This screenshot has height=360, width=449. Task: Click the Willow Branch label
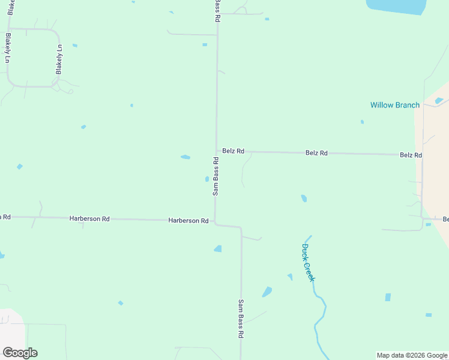click(x=394, y=105)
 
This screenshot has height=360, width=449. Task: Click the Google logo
click(x=20, y=353)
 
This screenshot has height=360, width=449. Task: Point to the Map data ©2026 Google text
click(x=412, y=355)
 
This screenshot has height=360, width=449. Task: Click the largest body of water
click(x=396, y=6)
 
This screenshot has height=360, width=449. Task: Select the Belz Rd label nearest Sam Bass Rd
click(x=233, y=151)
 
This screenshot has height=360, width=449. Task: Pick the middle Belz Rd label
click(x=316, y=153)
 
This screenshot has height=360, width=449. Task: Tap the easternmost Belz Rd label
click(x=411, y=155)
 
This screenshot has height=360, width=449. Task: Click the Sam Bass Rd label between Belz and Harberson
click(x=215, y=176)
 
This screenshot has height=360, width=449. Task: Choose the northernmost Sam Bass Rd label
click(x=217, y=11)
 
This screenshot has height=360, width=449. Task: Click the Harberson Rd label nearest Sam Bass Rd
click(x=188, y=221)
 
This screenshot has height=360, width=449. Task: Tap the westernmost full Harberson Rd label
click(x=89, y=219)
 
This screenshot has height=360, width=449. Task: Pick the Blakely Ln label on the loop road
click(x=59, y=59)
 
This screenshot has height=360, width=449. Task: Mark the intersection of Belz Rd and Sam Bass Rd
click(x=217, y=151)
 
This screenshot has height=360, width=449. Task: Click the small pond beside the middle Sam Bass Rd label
click(x=207, y=179)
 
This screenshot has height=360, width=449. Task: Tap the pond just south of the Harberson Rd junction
click(x=218, y=248)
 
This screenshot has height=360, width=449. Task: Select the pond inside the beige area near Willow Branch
click(x=439, y=100)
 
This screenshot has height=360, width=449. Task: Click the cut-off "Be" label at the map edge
click(x=445, y=219)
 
